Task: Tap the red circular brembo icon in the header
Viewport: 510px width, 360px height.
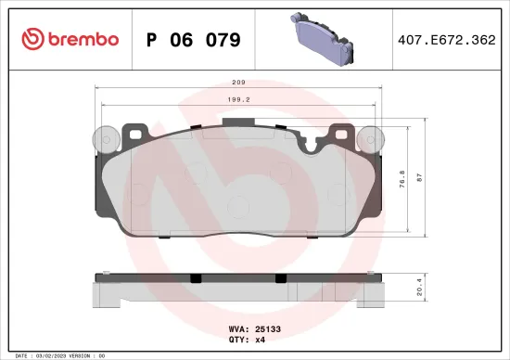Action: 32,39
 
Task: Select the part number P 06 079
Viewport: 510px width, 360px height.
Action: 194,40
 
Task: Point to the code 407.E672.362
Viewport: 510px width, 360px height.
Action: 446,40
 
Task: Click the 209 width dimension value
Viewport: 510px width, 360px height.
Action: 239,81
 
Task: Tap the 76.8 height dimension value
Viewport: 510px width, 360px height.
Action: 402,177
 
